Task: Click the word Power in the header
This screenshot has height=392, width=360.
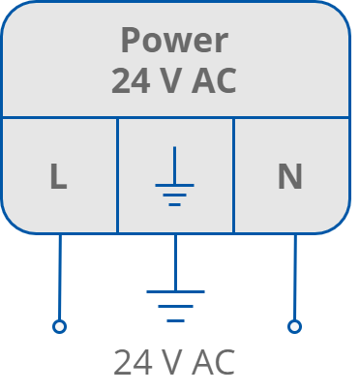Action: point(174,41)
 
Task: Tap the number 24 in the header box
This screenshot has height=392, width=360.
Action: point(130,81)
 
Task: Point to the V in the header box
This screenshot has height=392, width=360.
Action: point(170,81)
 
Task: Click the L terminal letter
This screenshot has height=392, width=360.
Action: point(58,177)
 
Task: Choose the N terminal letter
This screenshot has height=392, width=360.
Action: point(289,177)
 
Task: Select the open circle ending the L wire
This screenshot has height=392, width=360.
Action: point(59,327)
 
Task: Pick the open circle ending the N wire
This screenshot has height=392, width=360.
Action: point(294,327)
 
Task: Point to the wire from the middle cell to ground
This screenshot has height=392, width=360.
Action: point(175,261)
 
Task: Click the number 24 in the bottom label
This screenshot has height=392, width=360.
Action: point(132,363)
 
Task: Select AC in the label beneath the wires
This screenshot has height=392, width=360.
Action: point(213,363)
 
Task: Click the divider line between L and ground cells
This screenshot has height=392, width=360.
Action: point(118,174)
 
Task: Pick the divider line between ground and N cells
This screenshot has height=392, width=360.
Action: point(233,174)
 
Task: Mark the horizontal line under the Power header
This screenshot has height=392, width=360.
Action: point(174,117)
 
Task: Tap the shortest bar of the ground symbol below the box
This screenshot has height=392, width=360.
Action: point(175,319)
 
